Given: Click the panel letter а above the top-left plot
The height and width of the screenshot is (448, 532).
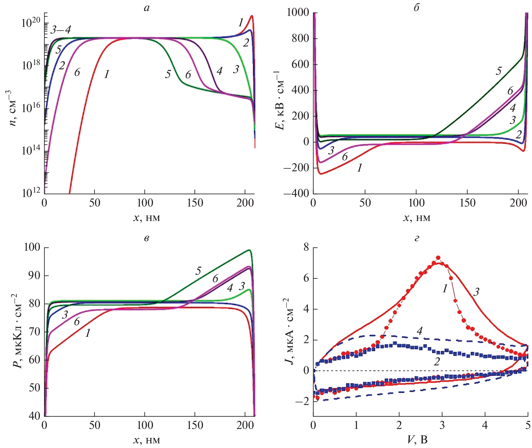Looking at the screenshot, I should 147,8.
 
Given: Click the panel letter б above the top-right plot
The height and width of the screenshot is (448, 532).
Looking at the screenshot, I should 416,8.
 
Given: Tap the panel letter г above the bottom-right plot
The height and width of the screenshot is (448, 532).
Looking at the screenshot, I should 417,238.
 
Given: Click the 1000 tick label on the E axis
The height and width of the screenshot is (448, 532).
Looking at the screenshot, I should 298,13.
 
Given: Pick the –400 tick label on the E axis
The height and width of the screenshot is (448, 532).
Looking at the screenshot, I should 296,193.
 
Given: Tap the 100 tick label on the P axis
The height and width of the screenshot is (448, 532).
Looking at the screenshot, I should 32,247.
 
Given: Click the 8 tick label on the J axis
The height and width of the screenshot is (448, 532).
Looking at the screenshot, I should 306,248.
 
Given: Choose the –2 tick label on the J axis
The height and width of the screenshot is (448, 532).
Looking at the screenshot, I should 302,401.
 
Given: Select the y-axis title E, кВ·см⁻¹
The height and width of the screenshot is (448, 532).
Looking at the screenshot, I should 280,100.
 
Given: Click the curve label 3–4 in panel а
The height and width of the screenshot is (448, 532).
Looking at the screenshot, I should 60,30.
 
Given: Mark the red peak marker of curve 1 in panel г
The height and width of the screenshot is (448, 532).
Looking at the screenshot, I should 438,258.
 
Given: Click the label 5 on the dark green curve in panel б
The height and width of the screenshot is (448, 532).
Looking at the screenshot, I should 498,71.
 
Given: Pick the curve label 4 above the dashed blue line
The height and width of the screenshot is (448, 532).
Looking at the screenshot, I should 420,331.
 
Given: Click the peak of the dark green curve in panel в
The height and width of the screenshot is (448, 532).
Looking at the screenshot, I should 249,250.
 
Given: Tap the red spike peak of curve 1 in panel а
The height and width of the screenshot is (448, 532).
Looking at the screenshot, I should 252,16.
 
